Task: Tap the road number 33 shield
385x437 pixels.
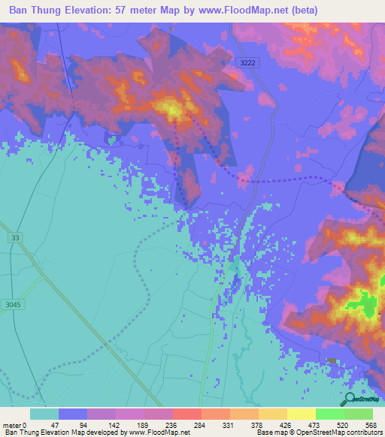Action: [x=15, y=237]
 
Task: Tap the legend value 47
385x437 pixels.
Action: [x=44, y=424]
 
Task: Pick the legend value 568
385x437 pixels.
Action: [x=369, y=424]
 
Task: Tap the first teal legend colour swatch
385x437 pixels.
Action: [x=44, y=414]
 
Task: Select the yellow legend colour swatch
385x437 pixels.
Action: [x=301, y=414]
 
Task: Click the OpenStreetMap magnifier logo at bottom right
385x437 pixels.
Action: [x=350, y=399]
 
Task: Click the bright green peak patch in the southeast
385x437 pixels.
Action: [x=368, y=306]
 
